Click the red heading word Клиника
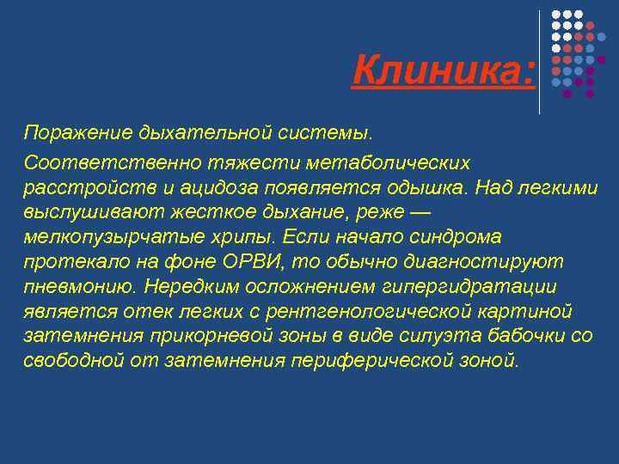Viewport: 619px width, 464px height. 443,70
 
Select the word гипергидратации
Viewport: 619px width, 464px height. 485,286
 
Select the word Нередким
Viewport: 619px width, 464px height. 188,286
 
